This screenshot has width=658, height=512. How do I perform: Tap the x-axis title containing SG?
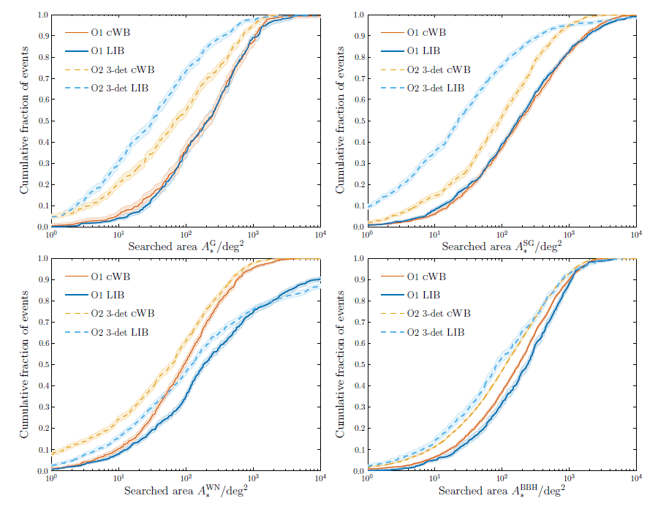point(502,246)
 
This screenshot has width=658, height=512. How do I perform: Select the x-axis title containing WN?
point(186,490)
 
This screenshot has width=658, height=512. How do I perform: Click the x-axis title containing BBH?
point(502,490)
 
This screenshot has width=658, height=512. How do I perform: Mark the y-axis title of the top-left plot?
point(24,121)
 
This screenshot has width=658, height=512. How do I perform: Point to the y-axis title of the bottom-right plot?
point(340,364)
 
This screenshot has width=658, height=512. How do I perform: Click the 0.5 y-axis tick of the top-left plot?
point(43,121)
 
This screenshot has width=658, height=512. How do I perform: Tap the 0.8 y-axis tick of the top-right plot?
point(359,57)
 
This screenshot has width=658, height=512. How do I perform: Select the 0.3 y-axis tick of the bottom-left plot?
point(43,407)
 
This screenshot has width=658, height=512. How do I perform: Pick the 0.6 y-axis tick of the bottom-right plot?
point(359,343)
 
